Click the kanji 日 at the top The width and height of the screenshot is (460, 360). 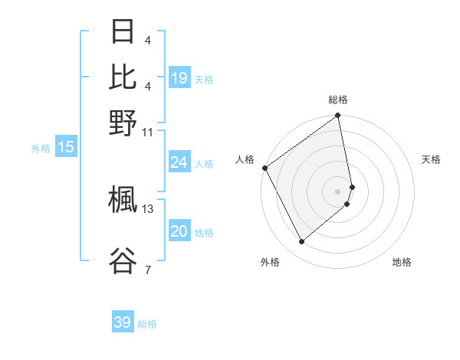123,32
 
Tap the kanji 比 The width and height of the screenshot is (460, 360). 123,77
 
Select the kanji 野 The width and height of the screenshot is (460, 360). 123,123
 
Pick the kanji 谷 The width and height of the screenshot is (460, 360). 123,260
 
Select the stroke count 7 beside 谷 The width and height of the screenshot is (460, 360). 147,270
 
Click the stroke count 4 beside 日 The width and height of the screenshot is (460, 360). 147,40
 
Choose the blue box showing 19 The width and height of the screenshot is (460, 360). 179,77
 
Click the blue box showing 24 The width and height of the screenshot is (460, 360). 179,162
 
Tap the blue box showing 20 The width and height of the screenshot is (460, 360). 179,232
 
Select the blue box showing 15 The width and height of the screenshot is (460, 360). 65,147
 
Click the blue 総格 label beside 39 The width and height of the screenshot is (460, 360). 147,324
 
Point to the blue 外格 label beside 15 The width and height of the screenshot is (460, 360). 41,149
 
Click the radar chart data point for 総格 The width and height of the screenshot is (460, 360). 338,116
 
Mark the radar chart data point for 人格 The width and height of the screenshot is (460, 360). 264,168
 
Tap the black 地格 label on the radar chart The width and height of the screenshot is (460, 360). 402,262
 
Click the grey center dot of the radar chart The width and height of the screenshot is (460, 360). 338,191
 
